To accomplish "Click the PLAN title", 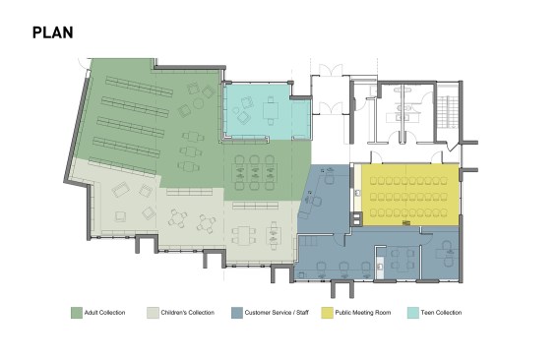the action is [53, 32].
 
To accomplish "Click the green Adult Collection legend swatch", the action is [77, 313].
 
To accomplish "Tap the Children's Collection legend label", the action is [188, 313].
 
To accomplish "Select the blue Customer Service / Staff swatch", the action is [237, 313].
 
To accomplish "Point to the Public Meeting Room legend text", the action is [363, 313].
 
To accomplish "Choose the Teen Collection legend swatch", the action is [413, 313].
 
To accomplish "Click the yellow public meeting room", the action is [410, 195].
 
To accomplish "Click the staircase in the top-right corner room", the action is [447, 109].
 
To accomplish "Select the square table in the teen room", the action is [271, 110].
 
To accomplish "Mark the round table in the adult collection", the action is [198, 103].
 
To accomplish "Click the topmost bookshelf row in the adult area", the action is [139, 87].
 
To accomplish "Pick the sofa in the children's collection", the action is [121, 190].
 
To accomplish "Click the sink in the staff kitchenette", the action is [380, 266].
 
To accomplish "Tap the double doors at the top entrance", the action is [331, 70].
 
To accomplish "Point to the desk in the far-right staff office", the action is [446, 254].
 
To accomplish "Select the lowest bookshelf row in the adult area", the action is [122, 166].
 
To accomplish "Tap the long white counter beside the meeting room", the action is [357, 188].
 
